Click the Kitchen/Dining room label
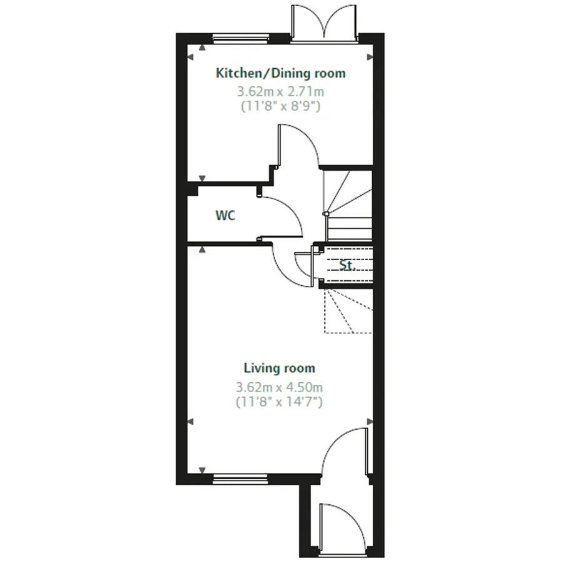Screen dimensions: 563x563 [x=280, y=73]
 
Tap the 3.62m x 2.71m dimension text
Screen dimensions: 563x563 [x=280, y=91]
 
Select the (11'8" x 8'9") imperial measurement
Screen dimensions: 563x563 [x=280, y=106]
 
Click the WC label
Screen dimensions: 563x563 [x=225, y=216]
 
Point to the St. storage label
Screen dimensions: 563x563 [x=347, y=265]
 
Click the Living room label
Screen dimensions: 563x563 [x=279, y=368]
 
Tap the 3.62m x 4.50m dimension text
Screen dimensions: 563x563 [x=279, y=387]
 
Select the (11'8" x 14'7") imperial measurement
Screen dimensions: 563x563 [x=279, y=402]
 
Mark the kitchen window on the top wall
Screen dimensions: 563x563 [x=241, y=38]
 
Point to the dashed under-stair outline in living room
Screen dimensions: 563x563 [x=347, y=310]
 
